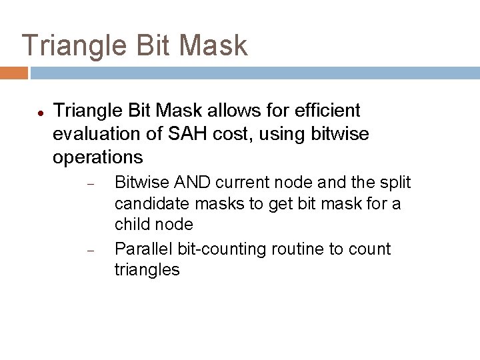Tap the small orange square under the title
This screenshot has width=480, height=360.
[x=13, y=73]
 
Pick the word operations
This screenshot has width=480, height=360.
[x=97, y=157]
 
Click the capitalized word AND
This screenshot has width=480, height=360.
[x=192, y=182]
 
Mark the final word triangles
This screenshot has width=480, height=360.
[x=147, y=271]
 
